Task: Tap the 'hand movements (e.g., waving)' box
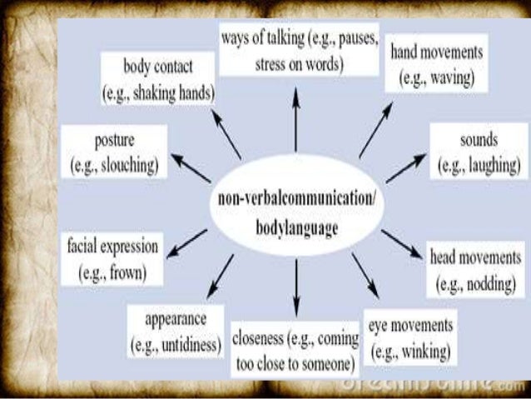[432, 65]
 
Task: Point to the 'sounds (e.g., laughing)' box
[477, 152]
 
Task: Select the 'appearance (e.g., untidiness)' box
[175, 332]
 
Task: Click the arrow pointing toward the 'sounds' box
[407, 170]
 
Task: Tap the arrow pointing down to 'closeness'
[295, 288]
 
